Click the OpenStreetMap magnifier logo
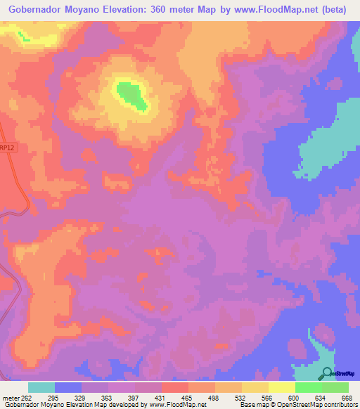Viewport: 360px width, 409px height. point(327,373)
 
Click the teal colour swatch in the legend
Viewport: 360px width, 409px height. point(41,387)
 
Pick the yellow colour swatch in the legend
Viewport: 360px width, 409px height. point(282,387)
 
